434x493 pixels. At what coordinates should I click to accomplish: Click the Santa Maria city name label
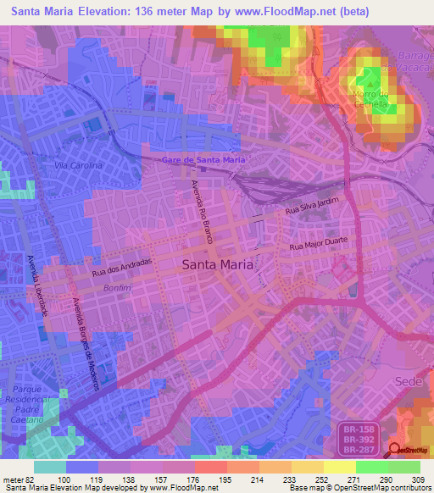click(217, 264)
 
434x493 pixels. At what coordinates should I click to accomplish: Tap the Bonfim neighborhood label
click(94, 289)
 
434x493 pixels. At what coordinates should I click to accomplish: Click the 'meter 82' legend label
click(19, 479)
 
